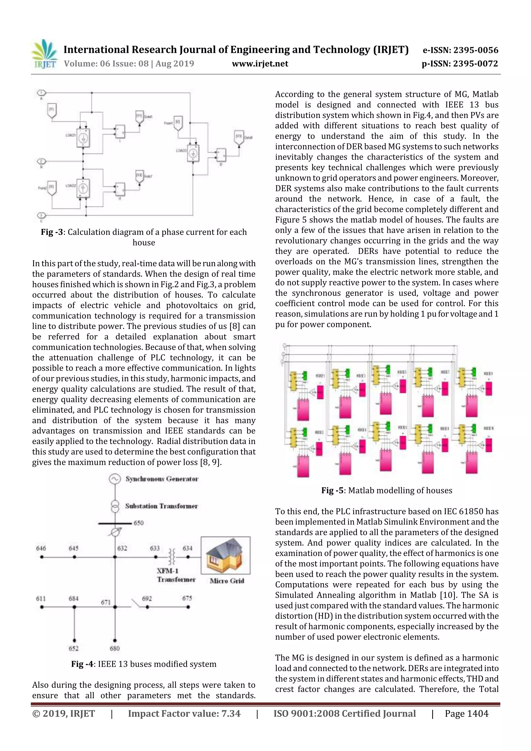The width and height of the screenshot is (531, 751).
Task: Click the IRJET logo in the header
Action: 44,54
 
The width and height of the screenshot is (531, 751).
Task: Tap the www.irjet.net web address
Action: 260,64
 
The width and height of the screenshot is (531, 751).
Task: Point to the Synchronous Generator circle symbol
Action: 114,479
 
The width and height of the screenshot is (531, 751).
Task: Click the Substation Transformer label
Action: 161,506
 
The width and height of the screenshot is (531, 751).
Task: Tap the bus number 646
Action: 41,548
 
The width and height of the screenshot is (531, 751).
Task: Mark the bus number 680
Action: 115,648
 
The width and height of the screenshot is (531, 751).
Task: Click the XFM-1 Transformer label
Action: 176,575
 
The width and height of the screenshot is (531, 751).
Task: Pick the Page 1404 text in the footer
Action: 466,713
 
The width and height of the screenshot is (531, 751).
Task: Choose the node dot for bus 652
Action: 74,641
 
